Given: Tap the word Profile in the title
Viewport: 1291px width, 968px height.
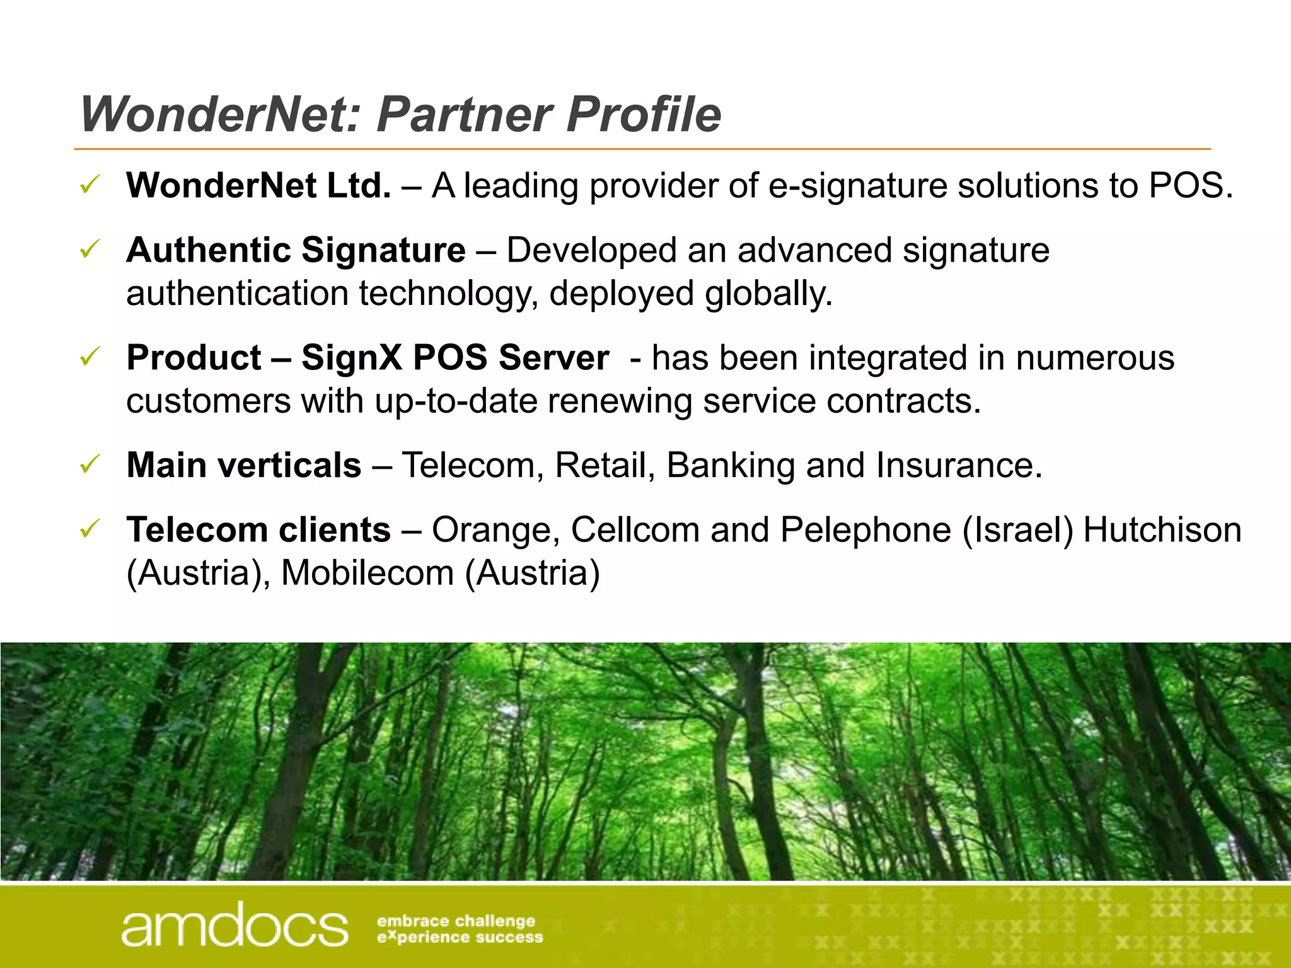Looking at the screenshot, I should click(644, 115).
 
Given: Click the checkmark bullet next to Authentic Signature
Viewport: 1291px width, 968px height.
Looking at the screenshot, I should click(90, 250).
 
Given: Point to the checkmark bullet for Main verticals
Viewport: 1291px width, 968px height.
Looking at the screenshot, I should click(90, 465).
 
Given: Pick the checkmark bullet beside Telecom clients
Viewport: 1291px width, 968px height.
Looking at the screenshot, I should click(90, 529).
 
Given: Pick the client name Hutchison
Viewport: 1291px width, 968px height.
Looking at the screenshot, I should click(1162, 530).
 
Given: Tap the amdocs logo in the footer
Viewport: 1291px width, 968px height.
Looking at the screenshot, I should click(234, 925).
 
